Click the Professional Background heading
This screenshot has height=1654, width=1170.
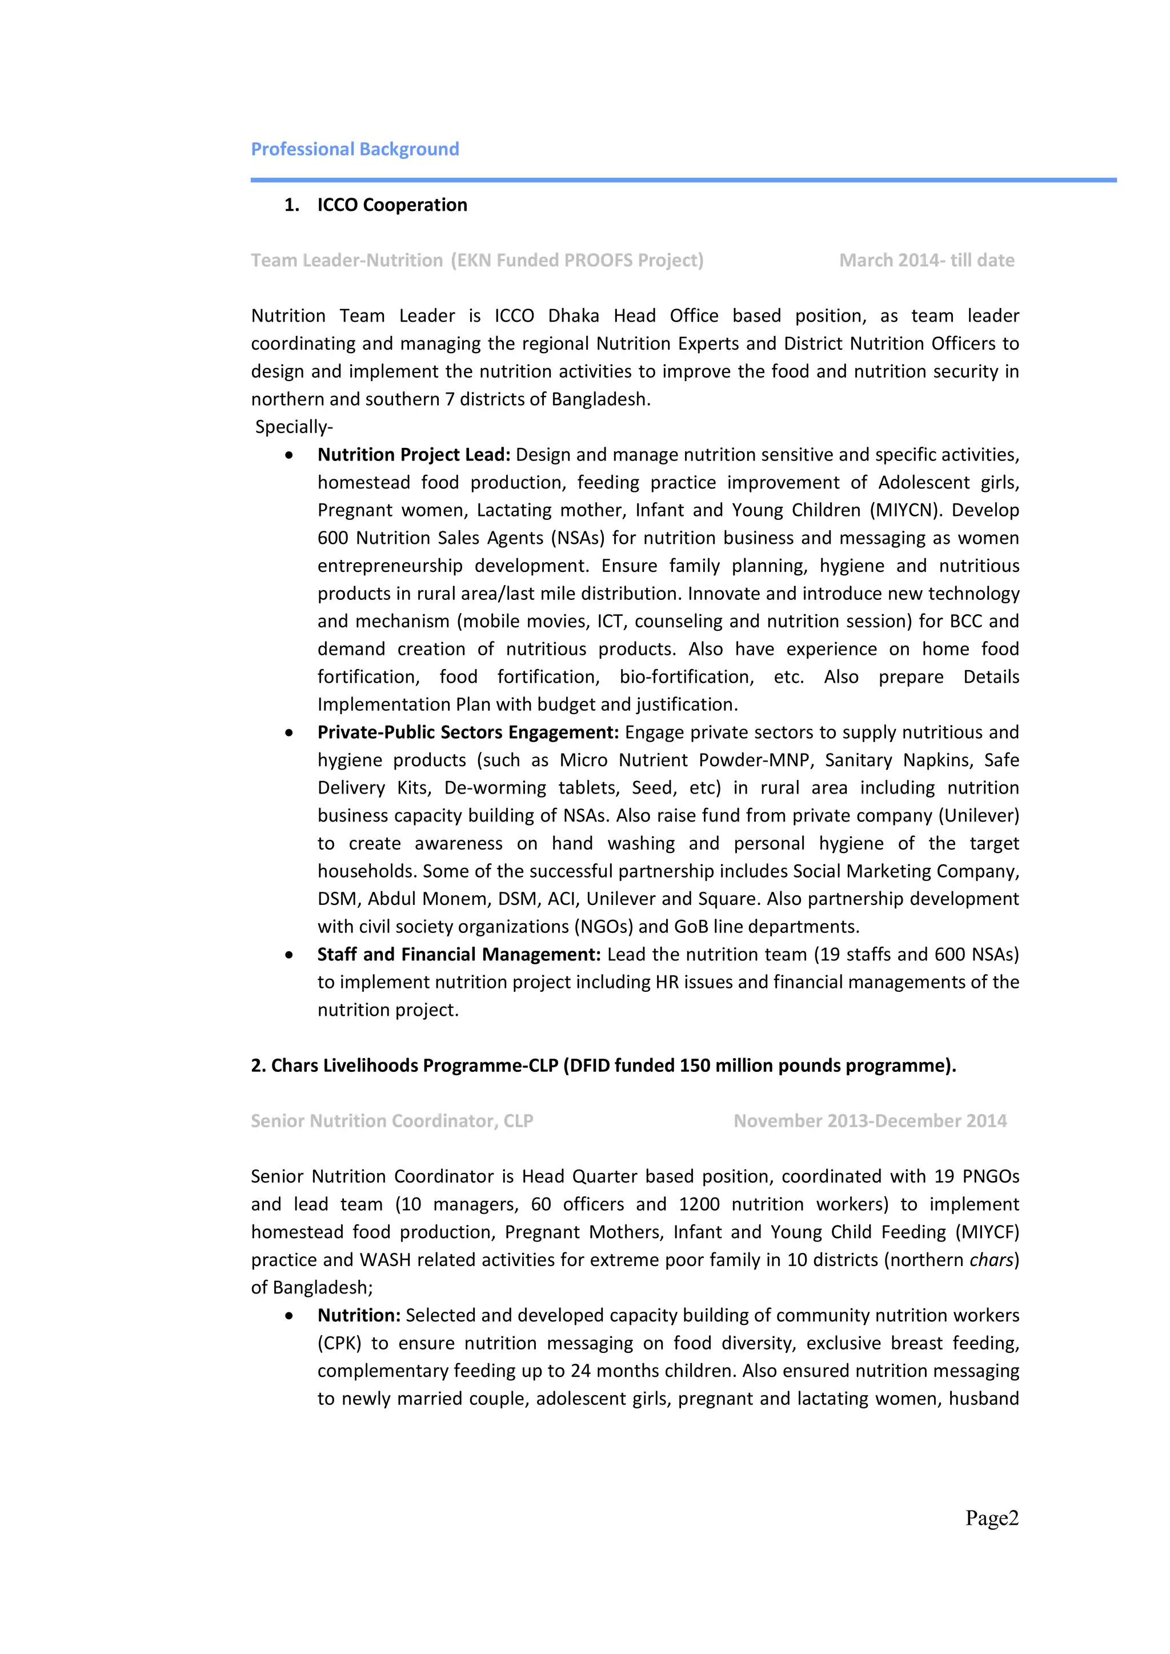(354, 149)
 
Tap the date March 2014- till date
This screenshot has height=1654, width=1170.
(927, 260)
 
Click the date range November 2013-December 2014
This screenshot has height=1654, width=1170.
(870, 1121)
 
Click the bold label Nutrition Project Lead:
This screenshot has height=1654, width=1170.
(414, 455)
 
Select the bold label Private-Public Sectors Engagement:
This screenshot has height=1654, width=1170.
(467, 732)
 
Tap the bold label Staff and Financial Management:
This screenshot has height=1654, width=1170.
(459, 955)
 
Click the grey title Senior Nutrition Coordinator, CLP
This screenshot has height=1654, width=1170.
(392, 1121)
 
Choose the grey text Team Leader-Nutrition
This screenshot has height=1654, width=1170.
(347, 260)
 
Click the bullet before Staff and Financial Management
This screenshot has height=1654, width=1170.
(289, 955)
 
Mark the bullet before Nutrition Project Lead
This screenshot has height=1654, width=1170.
(289, 455)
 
